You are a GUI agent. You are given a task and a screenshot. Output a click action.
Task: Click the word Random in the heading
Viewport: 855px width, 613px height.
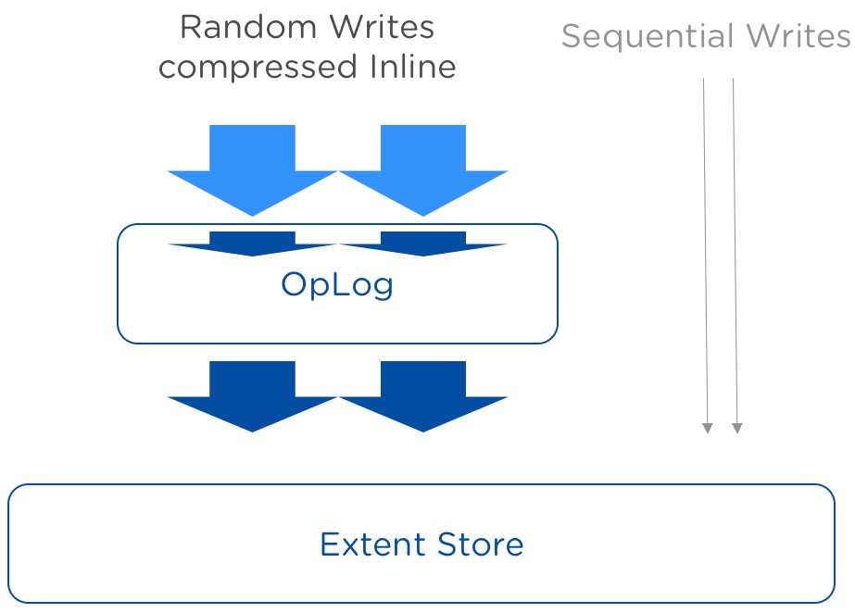[248, 27]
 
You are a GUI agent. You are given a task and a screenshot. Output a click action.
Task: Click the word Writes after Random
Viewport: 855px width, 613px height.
[382, 27]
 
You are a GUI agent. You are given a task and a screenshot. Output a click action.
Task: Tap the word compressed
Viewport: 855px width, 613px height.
[258, 68]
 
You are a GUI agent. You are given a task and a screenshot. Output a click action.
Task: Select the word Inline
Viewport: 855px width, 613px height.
[412, 67]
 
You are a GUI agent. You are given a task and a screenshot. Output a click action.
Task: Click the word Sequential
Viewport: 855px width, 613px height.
[648, 37]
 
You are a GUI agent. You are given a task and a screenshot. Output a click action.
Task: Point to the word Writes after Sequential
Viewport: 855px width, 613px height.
[798, 36]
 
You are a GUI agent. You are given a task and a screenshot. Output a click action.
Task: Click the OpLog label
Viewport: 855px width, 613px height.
[337, 284]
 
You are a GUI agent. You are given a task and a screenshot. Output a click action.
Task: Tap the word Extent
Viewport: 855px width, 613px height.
[372, 544]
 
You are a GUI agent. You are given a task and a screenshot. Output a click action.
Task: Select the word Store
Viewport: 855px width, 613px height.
[481, 544]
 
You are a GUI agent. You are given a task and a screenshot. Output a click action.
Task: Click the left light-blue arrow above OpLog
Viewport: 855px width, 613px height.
[253, 170]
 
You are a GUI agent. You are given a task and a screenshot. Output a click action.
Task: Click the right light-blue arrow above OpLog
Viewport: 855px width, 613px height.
[423, 170]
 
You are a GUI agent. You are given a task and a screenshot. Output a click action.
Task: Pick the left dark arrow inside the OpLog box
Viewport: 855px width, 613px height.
[253, 244]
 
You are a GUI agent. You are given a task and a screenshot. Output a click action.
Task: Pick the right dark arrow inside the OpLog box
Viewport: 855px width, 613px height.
[423, 244]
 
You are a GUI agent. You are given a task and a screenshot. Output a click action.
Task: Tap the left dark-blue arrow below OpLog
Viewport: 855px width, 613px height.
[253, 396]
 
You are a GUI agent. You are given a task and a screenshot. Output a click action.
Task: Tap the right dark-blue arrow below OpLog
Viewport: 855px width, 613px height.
[423, 396]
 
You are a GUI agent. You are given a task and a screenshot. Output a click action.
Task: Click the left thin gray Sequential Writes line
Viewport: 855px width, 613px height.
[706, 256]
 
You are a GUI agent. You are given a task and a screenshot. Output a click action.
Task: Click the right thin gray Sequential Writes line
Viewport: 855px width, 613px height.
[735, 256]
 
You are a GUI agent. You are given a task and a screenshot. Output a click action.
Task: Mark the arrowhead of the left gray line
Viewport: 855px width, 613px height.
[707, 428]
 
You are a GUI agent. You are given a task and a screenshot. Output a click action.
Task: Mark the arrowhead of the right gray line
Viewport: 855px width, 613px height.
[736, 428]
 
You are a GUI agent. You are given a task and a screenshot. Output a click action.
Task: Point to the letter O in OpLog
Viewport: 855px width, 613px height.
[294, 283]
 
